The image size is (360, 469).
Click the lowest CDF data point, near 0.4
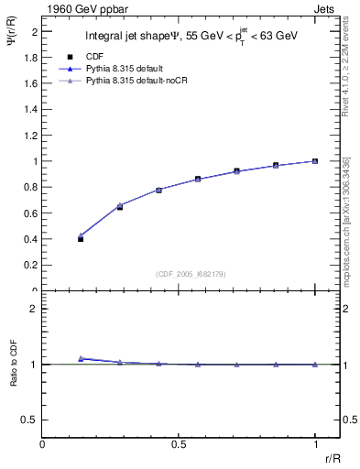(81, 238)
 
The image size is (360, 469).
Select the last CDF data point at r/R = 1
(315, 161)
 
